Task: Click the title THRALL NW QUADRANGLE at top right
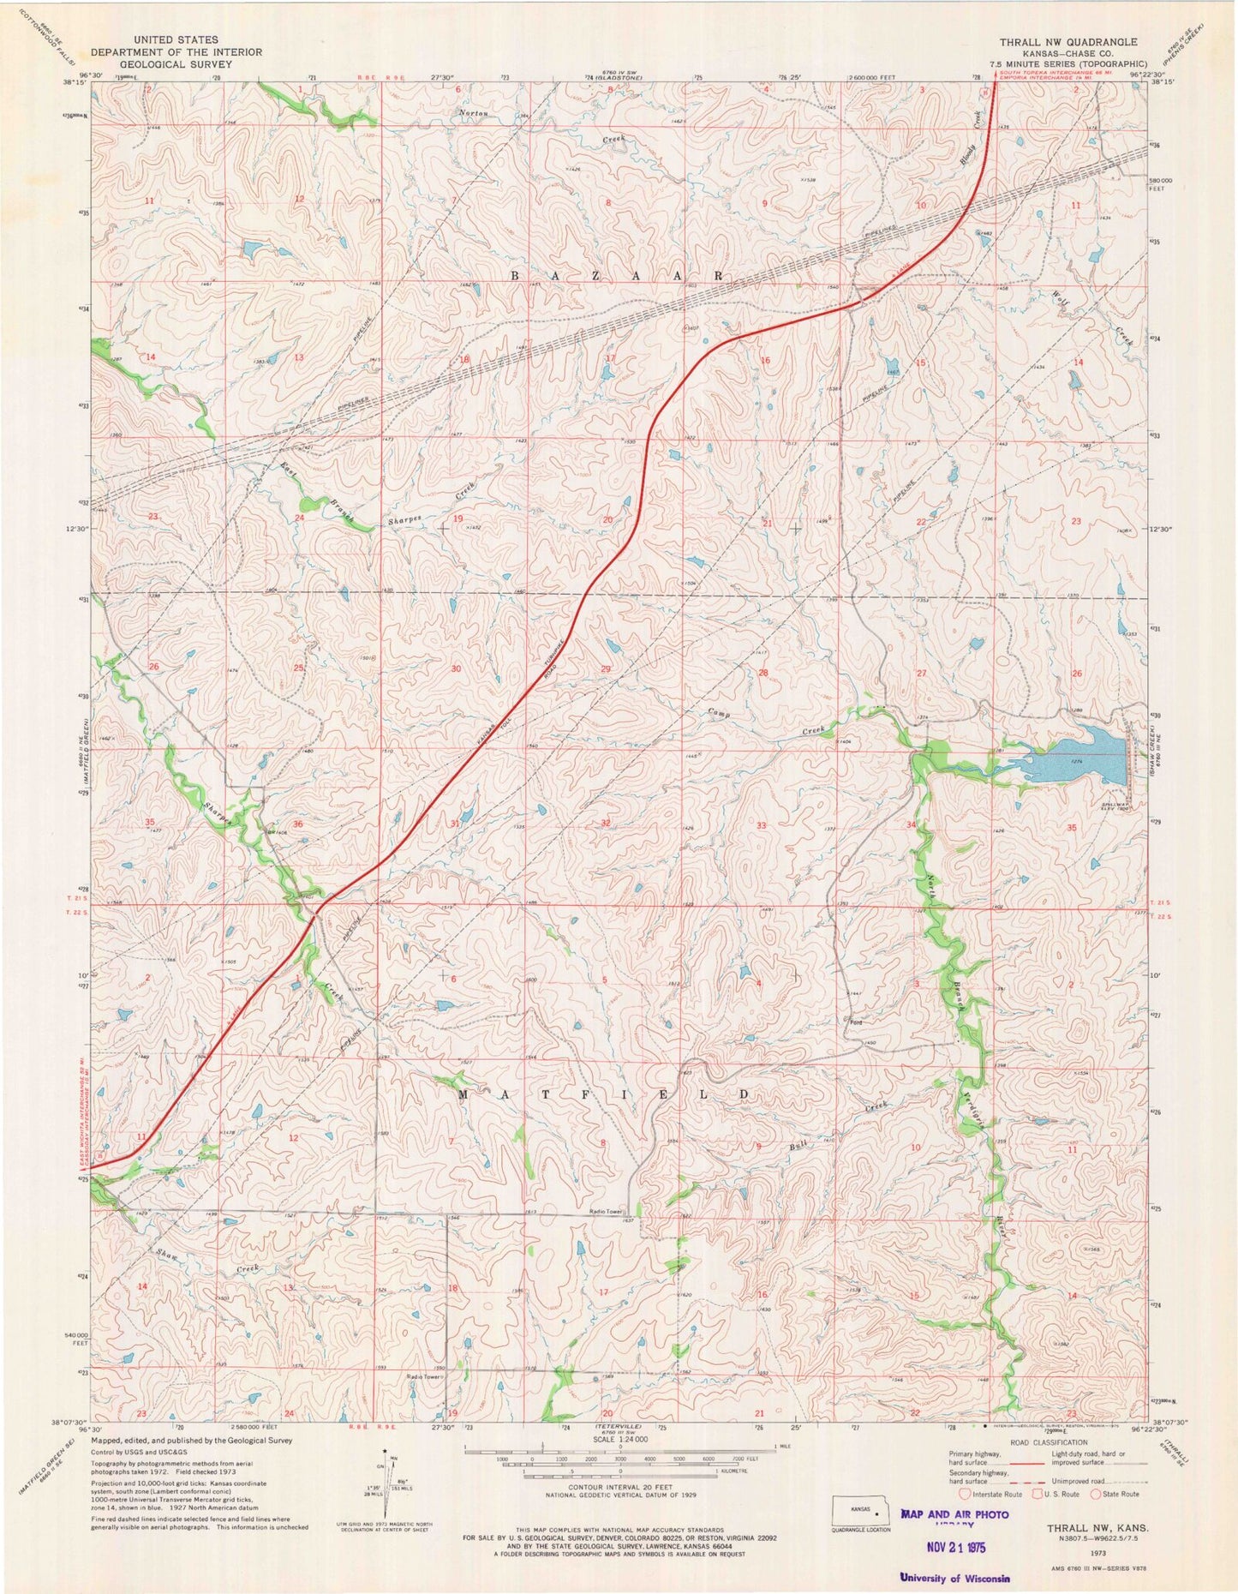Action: pos(1068,42)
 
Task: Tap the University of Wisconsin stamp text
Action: pos(954,1578)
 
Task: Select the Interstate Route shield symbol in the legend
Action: pos(965,1494)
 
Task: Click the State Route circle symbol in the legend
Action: pos(1095,1494)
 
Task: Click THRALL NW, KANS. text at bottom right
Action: pos(1098,1528)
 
